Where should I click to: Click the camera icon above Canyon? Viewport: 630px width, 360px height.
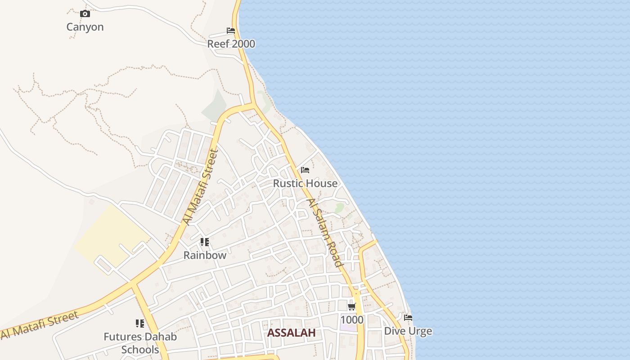85,14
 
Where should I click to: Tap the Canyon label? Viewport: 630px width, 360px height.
85,27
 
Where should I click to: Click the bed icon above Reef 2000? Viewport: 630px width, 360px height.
231,31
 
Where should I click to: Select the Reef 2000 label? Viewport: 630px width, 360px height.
231,44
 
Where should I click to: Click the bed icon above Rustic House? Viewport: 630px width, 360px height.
305,170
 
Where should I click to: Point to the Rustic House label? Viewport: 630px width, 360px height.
305,183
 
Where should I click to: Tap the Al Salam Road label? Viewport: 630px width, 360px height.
325,233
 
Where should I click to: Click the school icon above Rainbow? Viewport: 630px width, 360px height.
205,242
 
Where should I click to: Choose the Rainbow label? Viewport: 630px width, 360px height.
205,255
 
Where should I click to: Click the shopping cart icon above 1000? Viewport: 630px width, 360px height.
352,307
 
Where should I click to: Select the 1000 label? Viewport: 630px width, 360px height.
352,320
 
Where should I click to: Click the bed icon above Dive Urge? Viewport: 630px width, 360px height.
408,318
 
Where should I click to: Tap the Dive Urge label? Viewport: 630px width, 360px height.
408,331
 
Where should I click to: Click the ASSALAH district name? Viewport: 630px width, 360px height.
291,333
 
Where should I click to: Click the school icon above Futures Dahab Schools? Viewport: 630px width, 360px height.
140,324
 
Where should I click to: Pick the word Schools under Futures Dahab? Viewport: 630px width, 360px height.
140,350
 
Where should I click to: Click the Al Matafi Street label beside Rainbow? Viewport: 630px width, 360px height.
200,187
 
